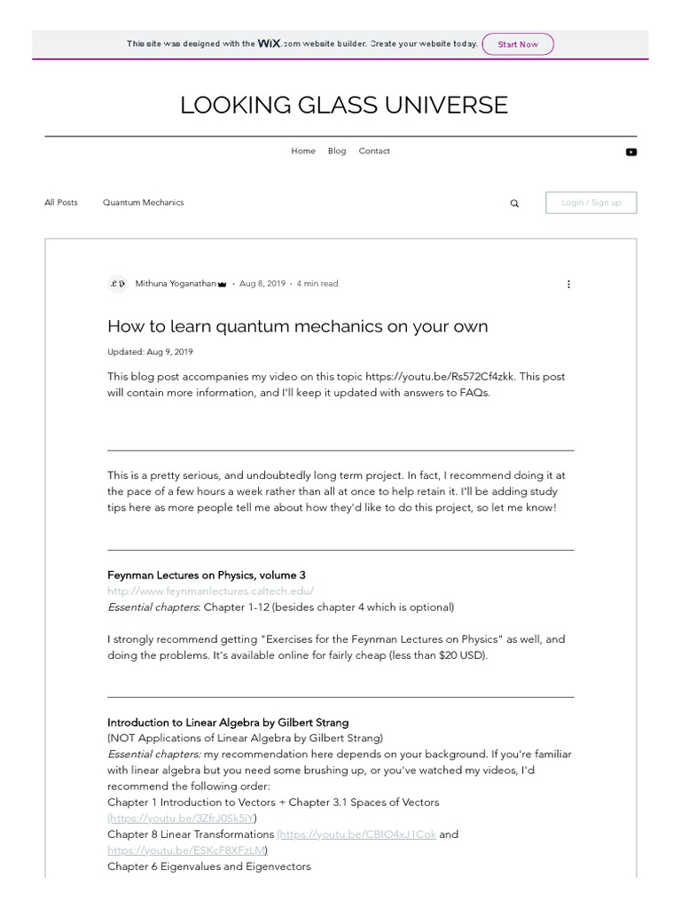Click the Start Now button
(x=518, y=44)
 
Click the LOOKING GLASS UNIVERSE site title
(x=344, y=105)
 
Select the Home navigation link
(x=303, y=151)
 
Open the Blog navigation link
(x=337, y=151)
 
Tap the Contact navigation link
(x=374, y=151)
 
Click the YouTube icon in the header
(x=630, y=152)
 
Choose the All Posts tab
(x=61, y=202)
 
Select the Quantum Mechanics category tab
(x=144, y=202)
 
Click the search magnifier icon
(x=514, y=203)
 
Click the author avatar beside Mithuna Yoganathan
(x=117, y=284)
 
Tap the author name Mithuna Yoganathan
(x=176, y=284)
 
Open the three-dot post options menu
(x=568, y=284)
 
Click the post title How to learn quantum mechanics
(x=298, y=326)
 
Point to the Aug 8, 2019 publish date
(x=262, y=284)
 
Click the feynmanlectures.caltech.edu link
(x=211, y=591)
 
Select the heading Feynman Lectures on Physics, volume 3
(x=207, y=575)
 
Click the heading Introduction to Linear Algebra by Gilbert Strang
(x=228, y=722)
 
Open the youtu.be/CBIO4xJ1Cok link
(x=358, y=834)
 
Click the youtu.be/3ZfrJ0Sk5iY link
(x=183, y=818)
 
